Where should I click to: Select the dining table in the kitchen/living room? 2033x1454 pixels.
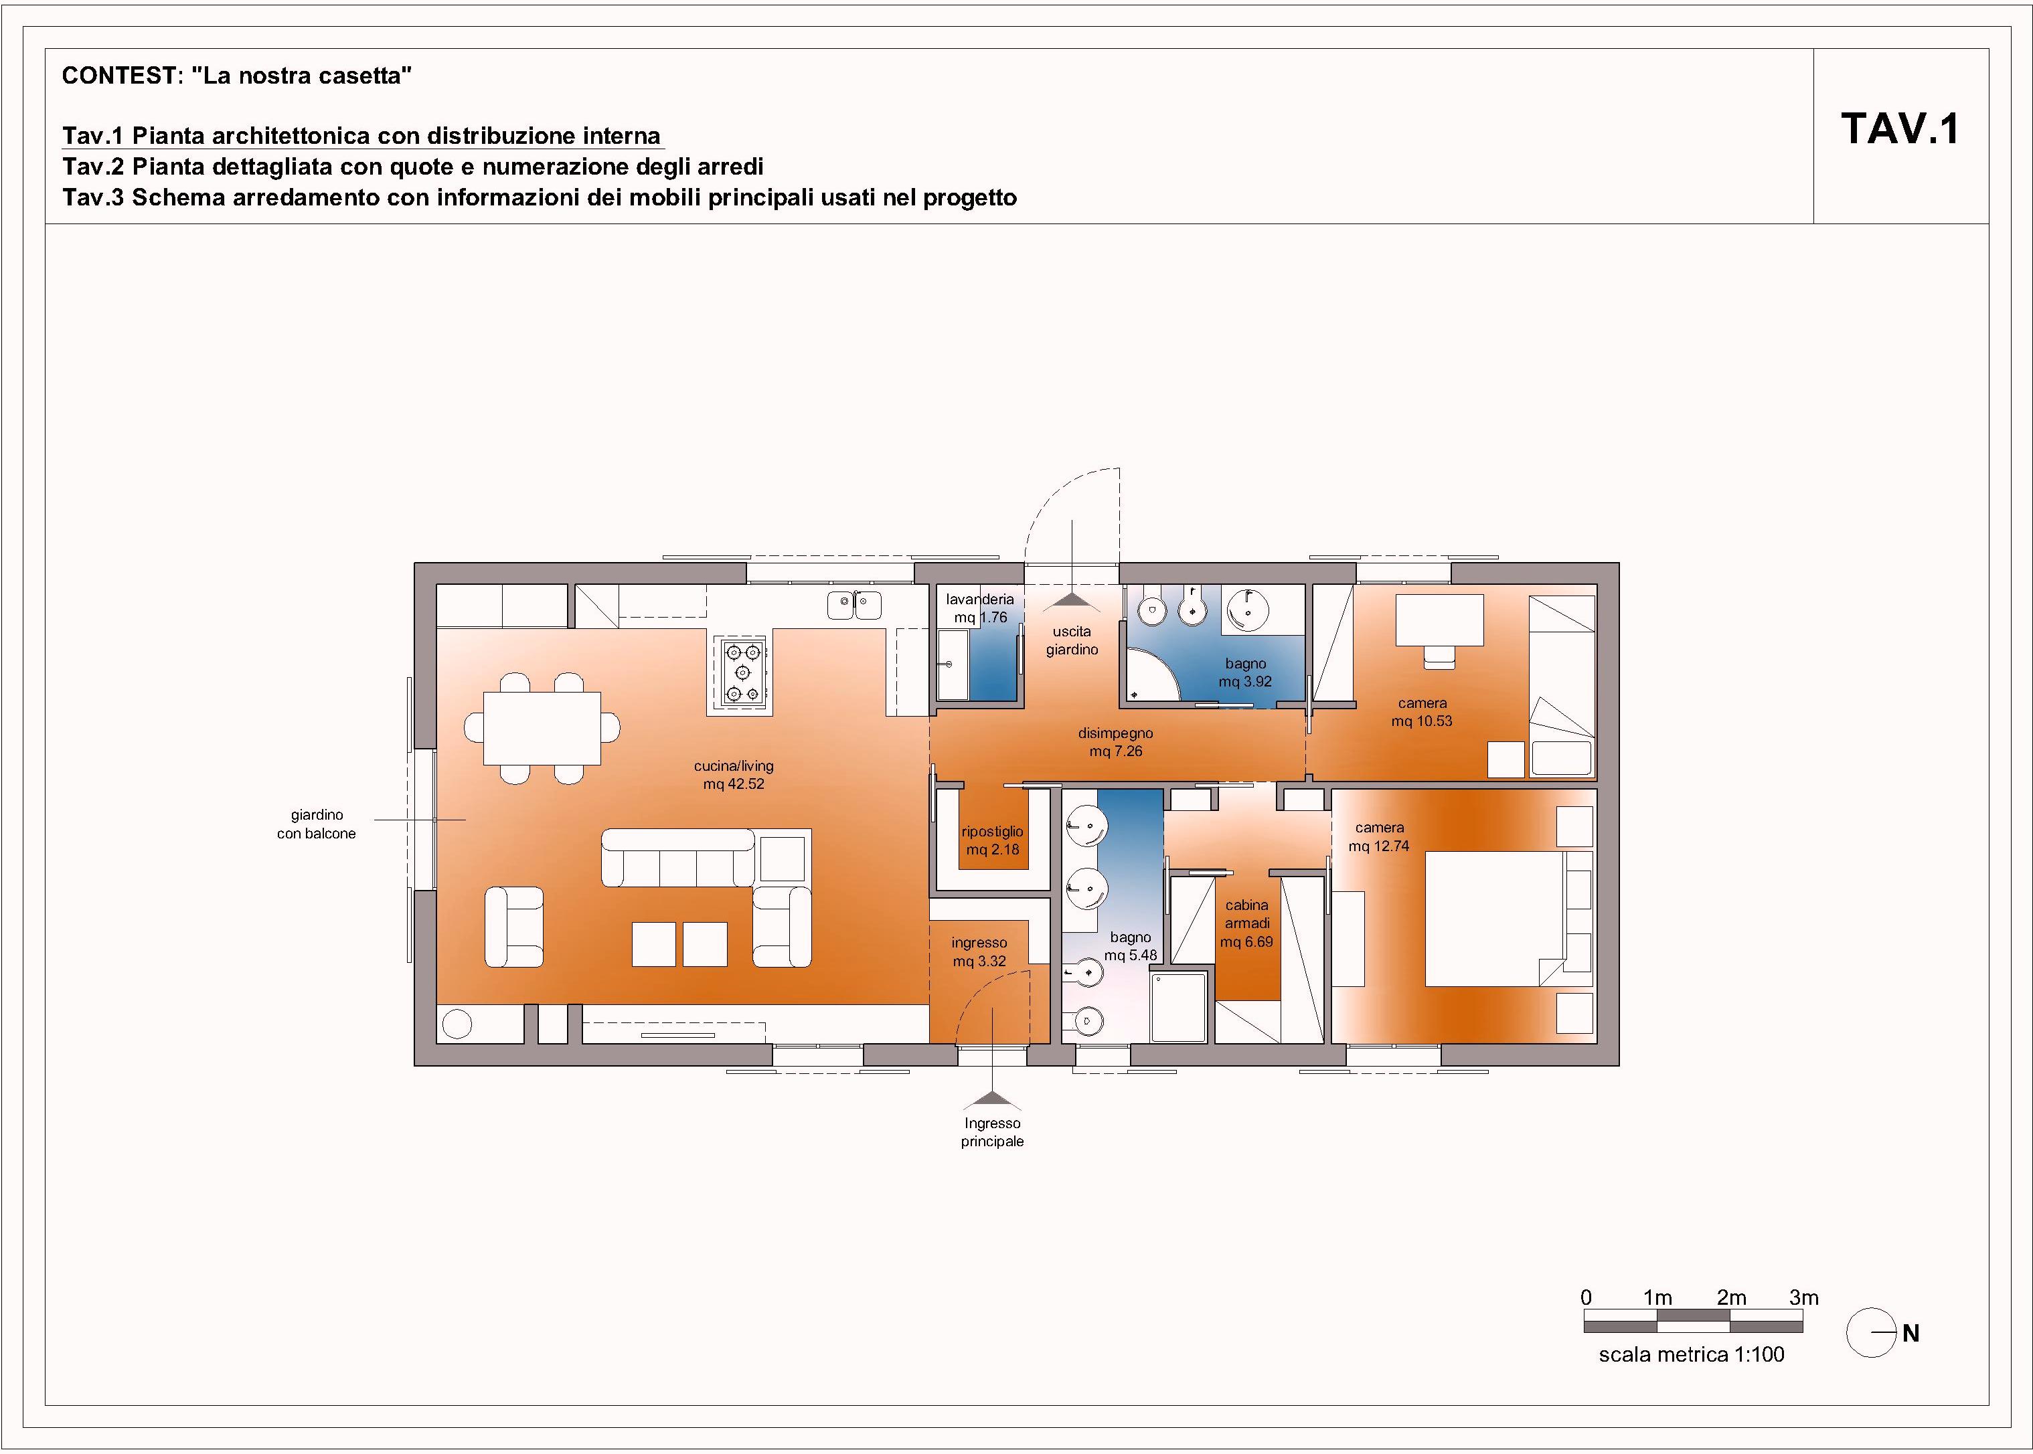[x=542, y=728]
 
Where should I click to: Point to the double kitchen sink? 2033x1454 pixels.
[x=854, y=606]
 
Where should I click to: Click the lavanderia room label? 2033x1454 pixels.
[x=981, y=608]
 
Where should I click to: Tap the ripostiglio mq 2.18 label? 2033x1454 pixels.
[x=992, y=840]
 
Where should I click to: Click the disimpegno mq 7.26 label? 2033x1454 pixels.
[x=1116, y=742]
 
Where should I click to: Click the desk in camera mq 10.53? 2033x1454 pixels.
[x=1440, y=620]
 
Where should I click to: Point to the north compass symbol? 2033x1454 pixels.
[x=1871, y=1333]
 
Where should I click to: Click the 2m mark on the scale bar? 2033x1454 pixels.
[x=1730, y=1297]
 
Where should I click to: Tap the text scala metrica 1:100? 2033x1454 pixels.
[x=1692, y=1354]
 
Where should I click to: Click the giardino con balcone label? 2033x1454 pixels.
[x=317, y=824]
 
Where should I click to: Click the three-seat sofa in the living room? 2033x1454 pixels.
[x=678, y=858]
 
